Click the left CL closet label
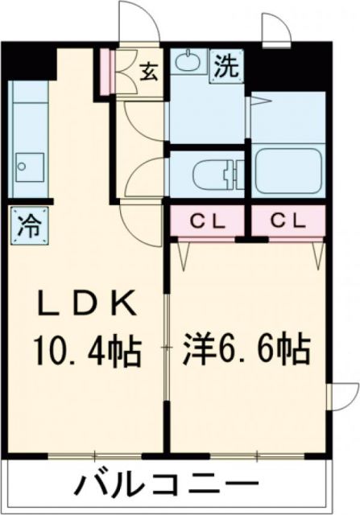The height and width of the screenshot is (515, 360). tap(208, 219)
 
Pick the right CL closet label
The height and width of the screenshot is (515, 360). tap(288, 219)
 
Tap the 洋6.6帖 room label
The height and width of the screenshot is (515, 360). tap(247, 348)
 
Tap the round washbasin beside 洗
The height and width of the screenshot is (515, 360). tap(189, 61)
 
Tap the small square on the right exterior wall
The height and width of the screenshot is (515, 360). tap(332, 396)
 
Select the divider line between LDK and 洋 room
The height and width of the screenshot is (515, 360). tap(167, 346)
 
